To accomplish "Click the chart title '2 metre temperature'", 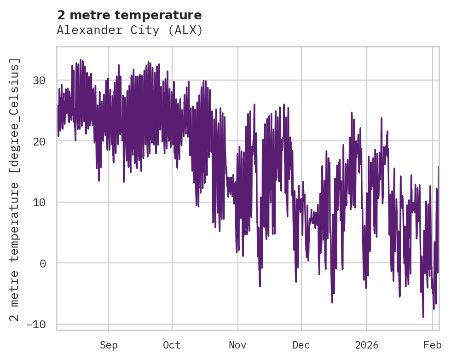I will pos(129,15).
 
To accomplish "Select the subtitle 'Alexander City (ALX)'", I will pos(129,30).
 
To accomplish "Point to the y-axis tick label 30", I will pos(39,81).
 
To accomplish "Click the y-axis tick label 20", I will pos(39,141).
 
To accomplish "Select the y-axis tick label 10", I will pos(39,202).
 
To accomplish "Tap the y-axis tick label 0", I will pos(43,263).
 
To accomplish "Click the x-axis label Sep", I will pos(109,345).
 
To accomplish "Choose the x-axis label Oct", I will pos(172,345).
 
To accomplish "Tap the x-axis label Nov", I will pos(238,345).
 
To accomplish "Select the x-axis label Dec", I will pos(301,345).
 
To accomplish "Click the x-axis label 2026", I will pos(367,345).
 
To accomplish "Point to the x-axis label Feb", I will pos(433,345).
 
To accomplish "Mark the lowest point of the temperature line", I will pos(423,317).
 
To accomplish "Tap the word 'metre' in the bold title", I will pos(90,15).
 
